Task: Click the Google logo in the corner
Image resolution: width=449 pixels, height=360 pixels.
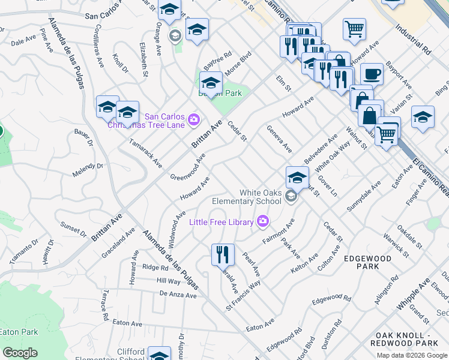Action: pyautogui.click(x=20, y=353)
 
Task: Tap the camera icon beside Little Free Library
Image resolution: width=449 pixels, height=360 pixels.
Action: pyautogui.click(x=263, y=223)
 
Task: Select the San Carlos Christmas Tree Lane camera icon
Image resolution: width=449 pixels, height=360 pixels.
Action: pyautogui.click(x=193, y=120)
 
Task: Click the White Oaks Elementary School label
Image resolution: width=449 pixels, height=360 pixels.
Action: pyautogui.click(x=260, y=197)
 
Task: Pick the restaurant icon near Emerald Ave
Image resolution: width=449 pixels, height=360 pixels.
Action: pyautogui.click(x=223, y=254)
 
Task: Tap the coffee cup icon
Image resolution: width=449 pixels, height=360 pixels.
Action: pyautogui.click(x=372, y=74)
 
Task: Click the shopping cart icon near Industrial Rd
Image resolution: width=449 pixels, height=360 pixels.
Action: pyautogui.click(x=355, y=28)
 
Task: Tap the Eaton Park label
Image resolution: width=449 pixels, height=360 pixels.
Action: pyautogui.click(x=19, y=332)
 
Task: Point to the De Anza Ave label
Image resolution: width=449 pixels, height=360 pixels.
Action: pyautogui.click(x=178, y=295)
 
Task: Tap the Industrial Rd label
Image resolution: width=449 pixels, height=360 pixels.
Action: pyautogui.click(x=413, y=40)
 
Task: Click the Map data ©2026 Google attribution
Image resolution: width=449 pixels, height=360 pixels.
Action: pyautogui.click(x=412, y=355)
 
